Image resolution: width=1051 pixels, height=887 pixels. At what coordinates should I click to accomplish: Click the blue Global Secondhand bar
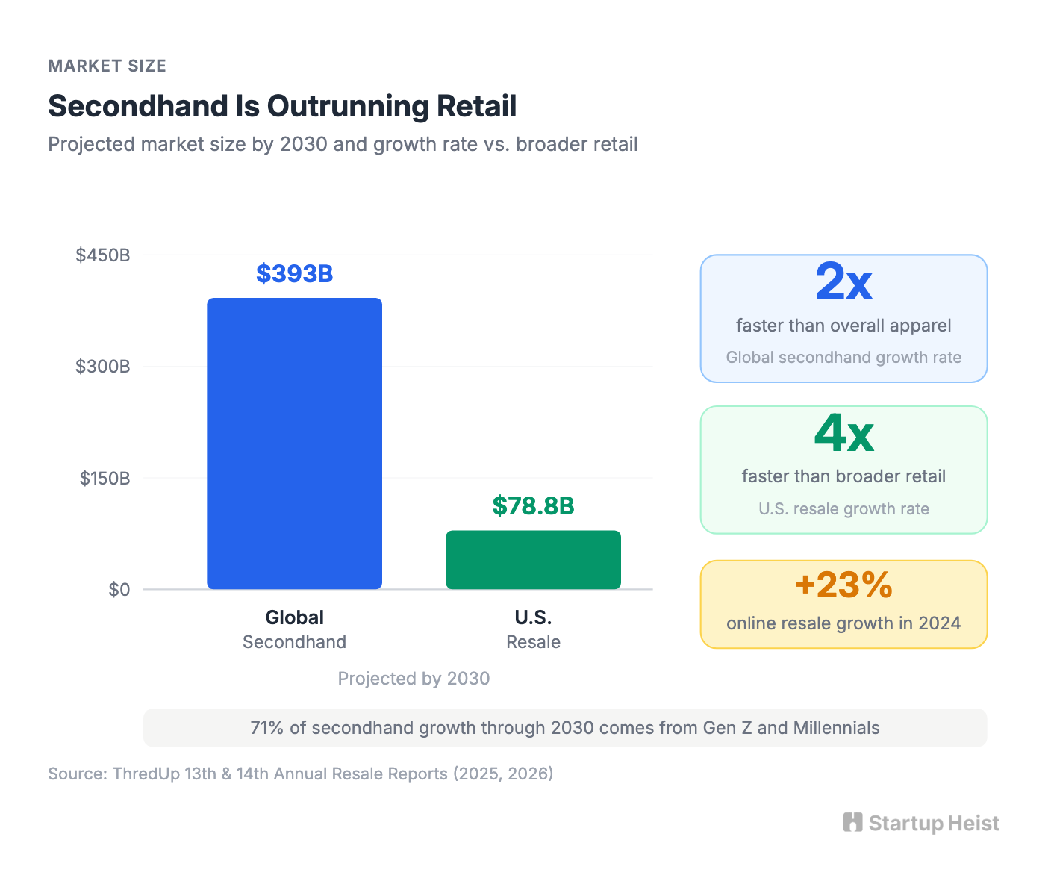pyautogui.click(x=294, y=443)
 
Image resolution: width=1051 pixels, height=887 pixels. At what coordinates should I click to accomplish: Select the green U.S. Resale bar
pyautogui.click(x=533, y=560)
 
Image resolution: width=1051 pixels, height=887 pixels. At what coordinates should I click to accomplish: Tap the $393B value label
pyautogui.click(x=294, y=274)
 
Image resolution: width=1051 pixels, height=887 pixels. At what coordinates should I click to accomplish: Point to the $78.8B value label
pyautogui.click(x=533, y=506)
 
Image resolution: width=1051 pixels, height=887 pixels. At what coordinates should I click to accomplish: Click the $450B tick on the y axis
pyautogui.click(x=103, y=255)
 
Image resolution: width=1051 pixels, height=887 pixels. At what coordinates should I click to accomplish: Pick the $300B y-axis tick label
pyautogui.click(x=103, y=367)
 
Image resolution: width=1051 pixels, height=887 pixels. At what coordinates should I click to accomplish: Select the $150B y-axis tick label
pyautogui.click(x=105, y=478)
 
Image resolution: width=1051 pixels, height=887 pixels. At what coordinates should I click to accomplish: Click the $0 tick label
pyautogui.click(x=119, y=590)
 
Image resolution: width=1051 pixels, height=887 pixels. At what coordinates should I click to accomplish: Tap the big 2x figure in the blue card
pyautogui.click(x=843, y=283)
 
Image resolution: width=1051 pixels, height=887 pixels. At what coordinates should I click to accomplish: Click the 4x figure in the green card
pyautogui.click(x=843, y=434)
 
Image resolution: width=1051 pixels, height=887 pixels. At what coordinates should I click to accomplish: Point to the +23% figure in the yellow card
pyautogui.click(x=843, y=585)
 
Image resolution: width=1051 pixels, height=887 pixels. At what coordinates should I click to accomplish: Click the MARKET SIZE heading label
pyautogui.click(x=107, y=66)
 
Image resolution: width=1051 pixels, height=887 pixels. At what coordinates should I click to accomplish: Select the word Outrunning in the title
pyautogui.click(x=348, y=106)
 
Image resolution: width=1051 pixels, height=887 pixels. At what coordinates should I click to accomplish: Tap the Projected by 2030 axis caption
pyautogui.click(x=414, y=679)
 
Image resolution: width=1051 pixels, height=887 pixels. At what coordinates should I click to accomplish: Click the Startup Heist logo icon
pyautogui.click(x=852, y=822)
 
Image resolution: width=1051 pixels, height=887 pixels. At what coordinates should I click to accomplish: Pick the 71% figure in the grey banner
pyautogui.click(x=266, y=728)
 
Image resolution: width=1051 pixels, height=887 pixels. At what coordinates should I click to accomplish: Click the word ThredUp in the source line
pyautogui.click(x=146, y=774)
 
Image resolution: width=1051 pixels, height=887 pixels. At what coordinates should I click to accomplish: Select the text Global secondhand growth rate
pyautogui.click(x=843, y=358)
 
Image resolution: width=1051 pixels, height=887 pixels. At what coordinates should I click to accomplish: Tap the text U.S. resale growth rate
pyautogui.click(x=843, y=509)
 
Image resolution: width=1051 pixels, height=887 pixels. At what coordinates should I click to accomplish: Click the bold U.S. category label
pyautogui.click(x=533, y=617)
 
